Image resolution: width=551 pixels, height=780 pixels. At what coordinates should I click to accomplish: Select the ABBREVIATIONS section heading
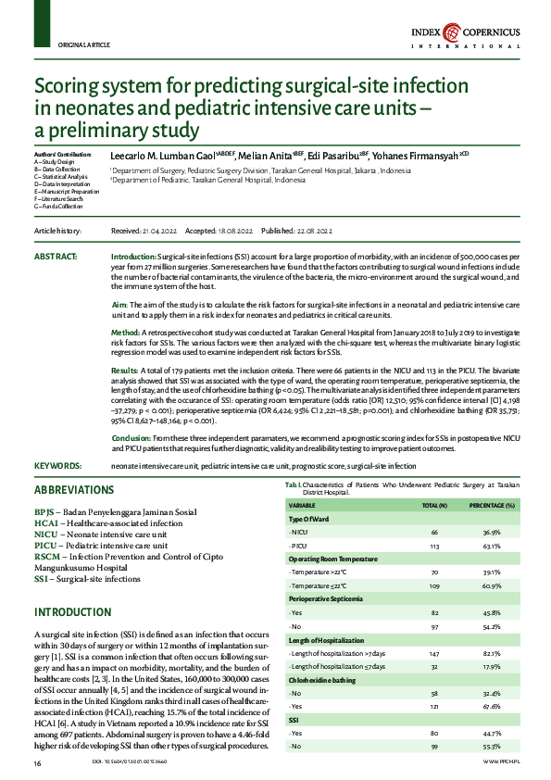coord(75,490)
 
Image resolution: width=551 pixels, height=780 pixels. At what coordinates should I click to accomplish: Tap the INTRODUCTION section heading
coord(73,613)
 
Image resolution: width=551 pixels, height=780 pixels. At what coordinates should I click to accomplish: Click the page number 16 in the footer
coord(38,762)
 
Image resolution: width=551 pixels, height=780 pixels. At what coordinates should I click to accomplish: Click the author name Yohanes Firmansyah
coord(446,157)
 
